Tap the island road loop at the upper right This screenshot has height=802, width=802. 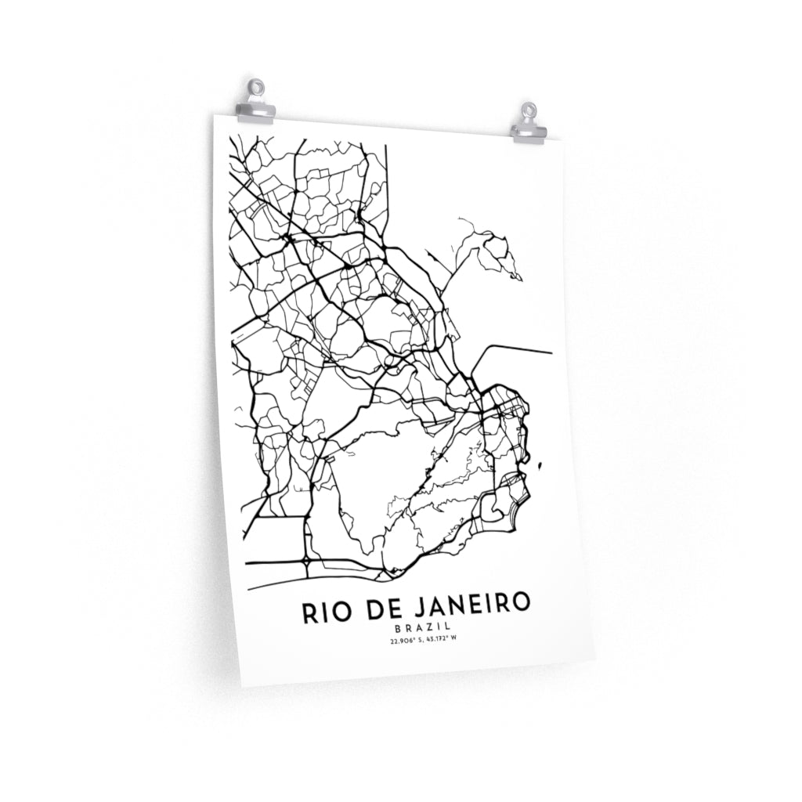(x=497, y=252)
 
